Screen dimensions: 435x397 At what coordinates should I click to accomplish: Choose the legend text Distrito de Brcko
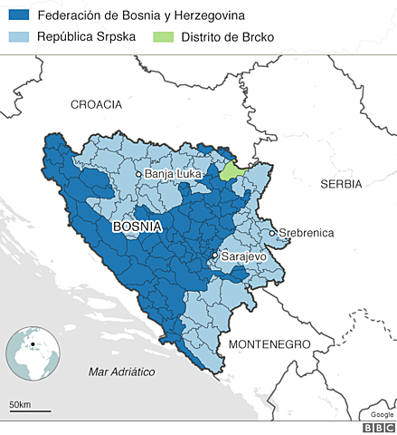click(x=227, y=37)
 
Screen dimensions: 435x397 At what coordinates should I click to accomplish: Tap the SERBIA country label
click(x=341, y=183)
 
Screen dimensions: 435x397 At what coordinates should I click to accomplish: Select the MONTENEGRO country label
click(x=269, y=344)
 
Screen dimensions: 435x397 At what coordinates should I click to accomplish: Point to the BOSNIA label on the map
click(x=137, y=227)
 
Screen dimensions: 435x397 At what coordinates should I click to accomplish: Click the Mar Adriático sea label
click(x=123, y=372)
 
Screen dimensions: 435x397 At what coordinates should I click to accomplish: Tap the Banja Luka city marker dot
click(x=138, y=174)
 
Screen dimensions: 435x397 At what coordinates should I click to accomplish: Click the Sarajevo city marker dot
click(x=214, y=256)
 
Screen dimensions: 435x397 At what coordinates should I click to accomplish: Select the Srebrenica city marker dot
click(x=272, y=233)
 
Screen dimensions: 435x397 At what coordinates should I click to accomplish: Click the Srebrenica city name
click(x=307, y=233)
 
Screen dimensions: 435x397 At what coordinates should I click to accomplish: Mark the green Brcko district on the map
click(x=235, y=169)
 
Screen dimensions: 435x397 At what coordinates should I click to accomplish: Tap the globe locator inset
click(x=33, y=354)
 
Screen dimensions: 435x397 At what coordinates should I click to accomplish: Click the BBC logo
click(x=372, y=427)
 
